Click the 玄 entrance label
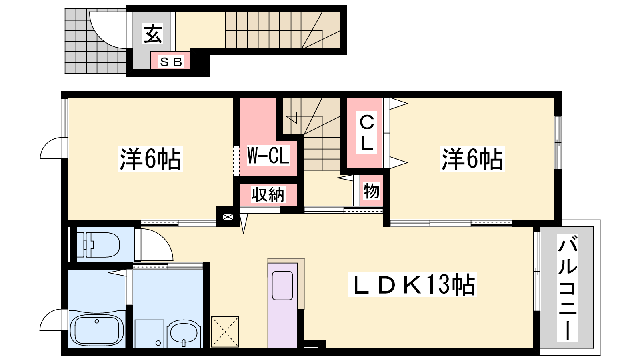153,34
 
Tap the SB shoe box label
171,62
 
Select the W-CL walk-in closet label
268,156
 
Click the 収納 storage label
268,195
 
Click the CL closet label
366,133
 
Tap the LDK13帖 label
412,284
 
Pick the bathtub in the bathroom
97,330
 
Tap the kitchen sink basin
282,286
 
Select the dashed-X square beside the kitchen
225,332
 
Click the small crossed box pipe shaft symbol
228,217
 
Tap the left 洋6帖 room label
150,159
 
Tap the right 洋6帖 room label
472,159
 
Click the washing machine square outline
149,334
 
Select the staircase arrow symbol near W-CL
292,118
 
